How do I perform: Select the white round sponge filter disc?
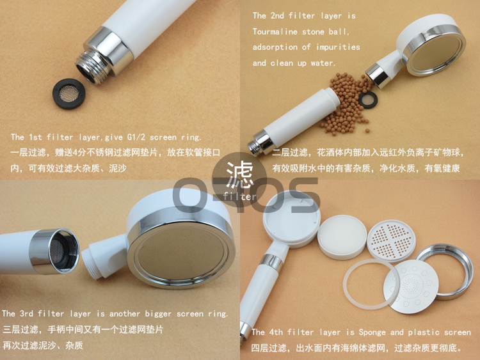(342, 237)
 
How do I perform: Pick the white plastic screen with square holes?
(391, 240)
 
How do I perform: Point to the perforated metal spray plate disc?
(411, 286)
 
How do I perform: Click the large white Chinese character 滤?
(240, 175)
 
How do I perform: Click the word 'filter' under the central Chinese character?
(239, 196)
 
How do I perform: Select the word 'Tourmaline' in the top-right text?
(275, 31)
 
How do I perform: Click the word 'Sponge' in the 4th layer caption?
(372, 333)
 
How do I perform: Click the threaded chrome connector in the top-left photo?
(90, 68)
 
